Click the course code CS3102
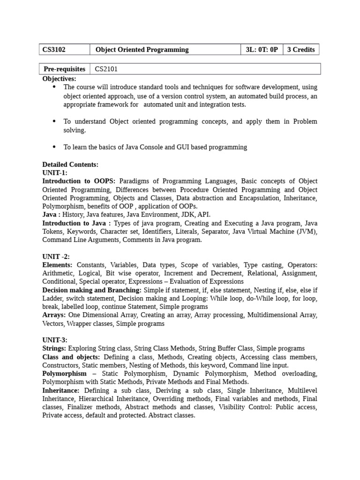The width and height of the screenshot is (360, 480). pyautogui.click(x=54, y=50)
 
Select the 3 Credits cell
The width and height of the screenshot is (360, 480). pyautogui.click(x=300, y=50)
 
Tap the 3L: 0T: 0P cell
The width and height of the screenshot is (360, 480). pyautogui.click(x=262, y=50)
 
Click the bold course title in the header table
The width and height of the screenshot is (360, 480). pyautogui.click(x=142, y=50)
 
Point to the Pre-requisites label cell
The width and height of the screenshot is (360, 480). pyautogui.click(x=64, y=69)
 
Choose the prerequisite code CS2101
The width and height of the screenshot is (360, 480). pyautogui.click(x=106, y=69)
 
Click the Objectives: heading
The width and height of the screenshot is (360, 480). pyautogui.click(x=59, y=79)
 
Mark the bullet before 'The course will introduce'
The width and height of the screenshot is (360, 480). pyautogui.click(x=54, y=87)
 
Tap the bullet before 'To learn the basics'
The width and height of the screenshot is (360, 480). pyautogui.click(x=54, y=147)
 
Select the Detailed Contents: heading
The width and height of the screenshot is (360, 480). pyautogui.click(x=70, y=165)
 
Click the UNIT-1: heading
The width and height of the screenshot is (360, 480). pyautogui.click(x=55, y=173)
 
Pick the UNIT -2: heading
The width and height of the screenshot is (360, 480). pyautogui.click(x=56, y=256)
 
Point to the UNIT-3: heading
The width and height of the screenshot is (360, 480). pyautogui.click(x=55, y=340)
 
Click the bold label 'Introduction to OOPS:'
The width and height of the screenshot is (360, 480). pyautogui.click(x=80, y=181)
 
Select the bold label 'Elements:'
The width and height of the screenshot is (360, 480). pyautogui.click(x=58, y=265)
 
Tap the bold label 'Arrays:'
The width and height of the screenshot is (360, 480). pyautogui.click(x=54, y=315)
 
